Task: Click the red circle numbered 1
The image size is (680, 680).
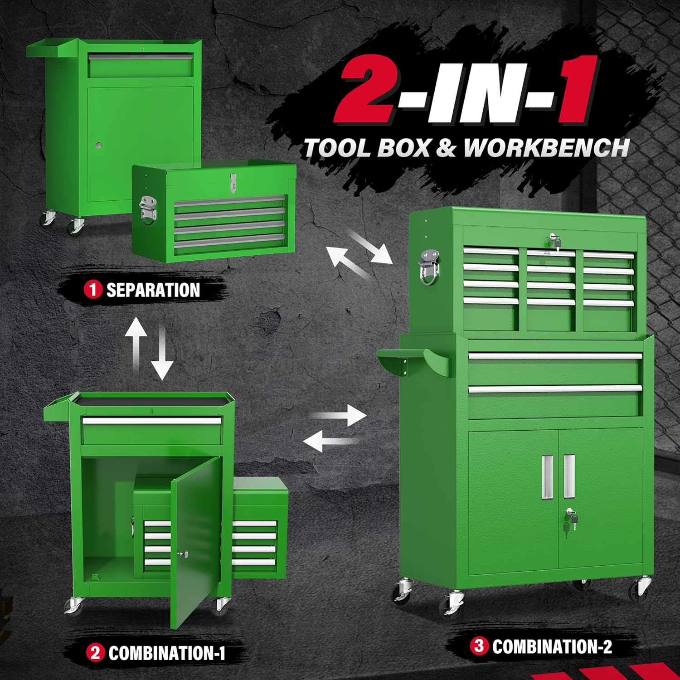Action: tap(93, 290)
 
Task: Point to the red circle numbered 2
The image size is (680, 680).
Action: tap(95, 653)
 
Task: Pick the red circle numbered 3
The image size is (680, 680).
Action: tap(479, 645)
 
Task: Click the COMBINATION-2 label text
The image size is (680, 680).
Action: tap(552, 646)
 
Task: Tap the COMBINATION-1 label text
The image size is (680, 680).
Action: tap(167, 653)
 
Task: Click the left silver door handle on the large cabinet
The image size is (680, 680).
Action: tap(547, 476)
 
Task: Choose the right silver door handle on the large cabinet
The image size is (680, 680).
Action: tap(569, 476)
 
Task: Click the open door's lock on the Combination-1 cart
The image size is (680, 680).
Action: tap(182, 554)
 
